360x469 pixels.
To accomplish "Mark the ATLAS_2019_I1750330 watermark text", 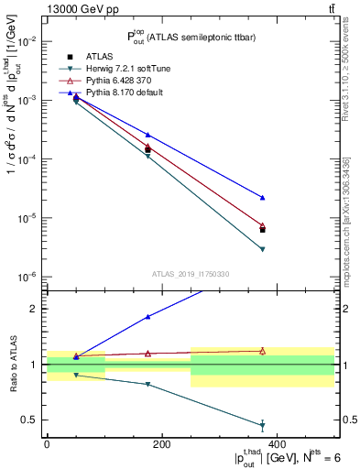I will tap(191, 273).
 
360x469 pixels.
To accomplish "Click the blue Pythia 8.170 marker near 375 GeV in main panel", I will tap(263, 197).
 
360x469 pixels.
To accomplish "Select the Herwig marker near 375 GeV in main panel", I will tap(263, 249).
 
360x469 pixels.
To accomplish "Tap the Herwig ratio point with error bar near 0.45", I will tap(263, 425).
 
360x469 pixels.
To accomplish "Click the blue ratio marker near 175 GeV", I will tap(148, 317).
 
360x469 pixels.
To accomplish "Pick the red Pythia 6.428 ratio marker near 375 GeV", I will tap(263, 351).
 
